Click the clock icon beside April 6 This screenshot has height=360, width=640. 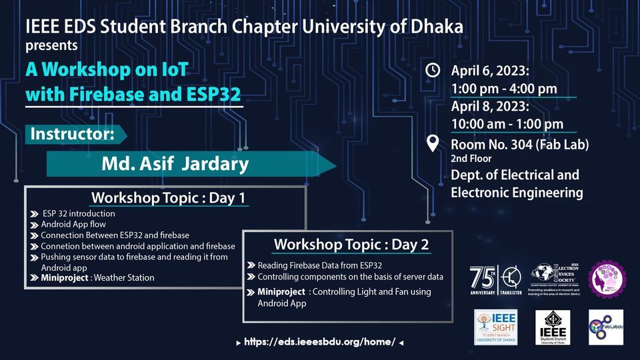click(433, 70)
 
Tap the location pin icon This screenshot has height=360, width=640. click(433, 142)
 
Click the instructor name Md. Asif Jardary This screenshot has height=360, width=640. click(175, 163)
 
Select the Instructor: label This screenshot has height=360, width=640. click(72, 133)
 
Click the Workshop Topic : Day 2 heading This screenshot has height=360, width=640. click(351, 244)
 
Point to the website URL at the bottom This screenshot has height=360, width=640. click(320, 342)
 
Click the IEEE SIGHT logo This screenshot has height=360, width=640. click(495, 327)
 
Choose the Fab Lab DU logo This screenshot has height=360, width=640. click(606, 327)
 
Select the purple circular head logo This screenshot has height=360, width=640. click(607, 279)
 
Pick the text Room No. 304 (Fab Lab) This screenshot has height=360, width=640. click(519, 145)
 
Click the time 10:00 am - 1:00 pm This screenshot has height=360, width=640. click(507, 123)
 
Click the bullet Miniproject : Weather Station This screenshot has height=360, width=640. click(97, 277)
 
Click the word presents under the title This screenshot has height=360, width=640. click(51, 46)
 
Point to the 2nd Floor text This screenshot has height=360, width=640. click(471, 159)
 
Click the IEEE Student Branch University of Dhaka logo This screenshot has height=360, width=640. click(553, 327)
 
